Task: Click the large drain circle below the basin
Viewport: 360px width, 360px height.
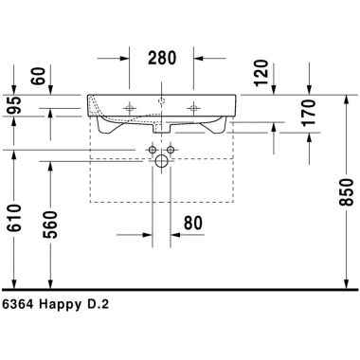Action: [x=161, y=164]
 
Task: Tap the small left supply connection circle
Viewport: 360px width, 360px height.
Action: [x=150, y=150]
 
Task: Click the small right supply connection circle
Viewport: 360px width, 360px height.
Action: [x=172, y=150]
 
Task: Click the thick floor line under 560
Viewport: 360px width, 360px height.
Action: [x=53, y=287]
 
